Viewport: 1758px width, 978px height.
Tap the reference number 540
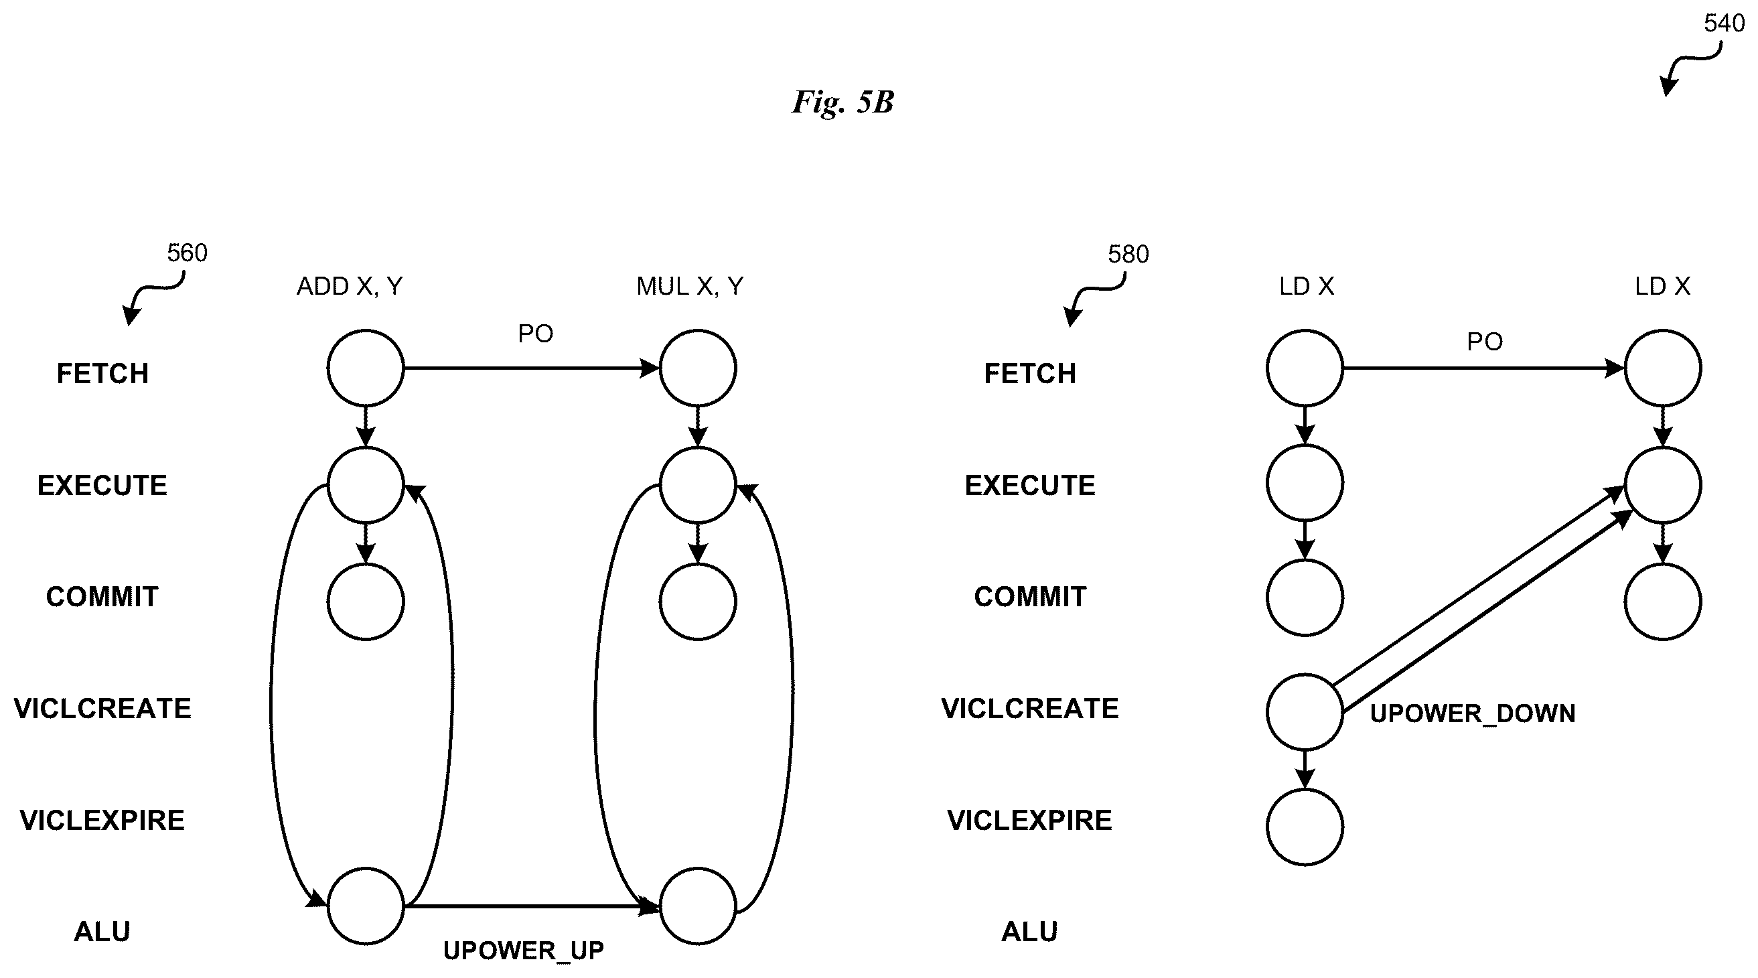coord(1724,24)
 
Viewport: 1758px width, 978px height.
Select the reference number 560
coord(187,253)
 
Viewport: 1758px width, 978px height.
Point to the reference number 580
coord(1128,255)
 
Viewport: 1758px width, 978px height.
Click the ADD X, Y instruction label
coord(350,287)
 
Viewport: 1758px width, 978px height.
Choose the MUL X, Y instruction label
coord(690,287)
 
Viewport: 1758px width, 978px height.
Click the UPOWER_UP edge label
coord(524,951)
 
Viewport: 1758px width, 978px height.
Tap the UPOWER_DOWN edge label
coord(1473,714)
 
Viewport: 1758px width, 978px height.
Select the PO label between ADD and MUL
coord(536,334)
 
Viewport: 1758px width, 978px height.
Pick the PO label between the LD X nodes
coord(1485,342)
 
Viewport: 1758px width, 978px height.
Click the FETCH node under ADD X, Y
coord(366,368)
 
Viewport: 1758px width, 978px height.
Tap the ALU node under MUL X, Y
coord(697,906)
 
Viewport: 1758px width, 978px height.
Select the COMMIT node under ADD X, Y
coord(366,602)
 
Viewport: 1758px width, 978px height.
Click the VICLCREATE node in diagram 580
coord(1305,712)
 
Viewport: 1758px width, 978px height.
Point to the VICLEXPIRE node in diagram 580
coord(1305,827)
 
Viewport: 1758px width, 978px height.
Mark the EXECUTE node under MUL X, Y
coord(697,484)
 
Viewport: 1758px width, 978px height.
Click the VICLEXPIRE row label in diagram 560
coord(102,821)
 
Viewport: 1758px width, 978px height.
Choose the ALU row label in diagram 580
coord(1030,932)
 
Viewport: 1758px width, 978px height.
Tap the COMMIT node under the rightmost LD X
coord(1663,602)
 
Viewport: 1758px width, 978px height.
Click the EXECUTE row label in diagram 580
coord(1030,486)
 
